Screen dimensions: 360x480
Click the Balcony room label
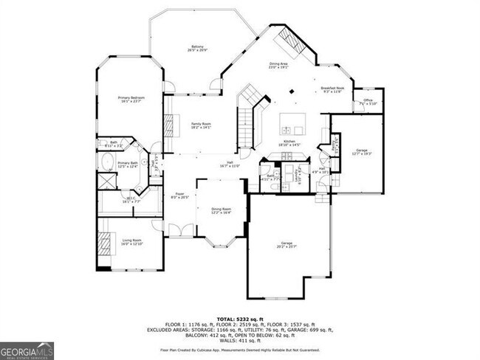click(x=193, y=49)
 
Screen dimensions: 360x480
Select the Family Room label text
click(x=202, y=125)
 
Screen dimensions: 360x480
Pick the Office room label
click(x=367, y=102)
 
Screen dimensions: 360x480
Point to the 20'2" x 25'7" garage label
click(x=286, y=245)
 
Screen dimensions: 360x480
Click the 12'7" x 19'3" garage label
click(x=361, y=151)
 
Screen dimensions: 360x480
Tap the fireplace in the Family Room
click(x=168, y=122)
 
